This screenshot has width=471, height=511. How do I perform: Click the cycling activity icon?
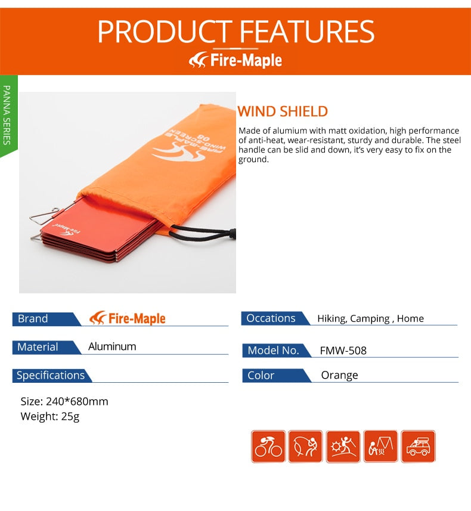click(268, 447)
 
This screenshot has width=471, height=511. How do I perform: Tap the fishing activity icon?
click(305, 447)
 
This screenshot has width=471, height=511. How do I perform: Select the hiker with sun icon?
click(343, 447)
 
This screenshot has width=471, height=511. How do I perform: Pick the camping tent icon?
click(380, 447)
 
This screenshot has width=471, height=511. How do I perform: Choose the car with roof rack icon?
click(418, 447)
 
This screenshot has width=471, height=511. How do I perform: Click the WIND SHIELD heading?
click(283, 112)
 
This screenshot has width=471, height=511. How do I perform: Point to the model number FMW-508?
click(343, 351)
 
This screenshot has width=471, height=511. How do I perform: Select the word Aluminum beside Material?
click(112, 346)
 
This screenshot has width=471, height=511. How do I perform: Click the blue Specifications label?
click(51, 375)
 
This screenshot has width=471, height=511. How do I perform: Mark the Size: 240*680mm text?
click(64, 401)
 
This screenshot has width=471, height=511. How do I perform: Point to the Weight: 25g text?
click(50, 416)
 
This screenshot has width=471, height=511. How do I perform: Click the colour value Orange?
click(339, 375)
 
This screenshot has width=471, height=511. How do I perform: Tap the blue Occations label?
click(271, 318)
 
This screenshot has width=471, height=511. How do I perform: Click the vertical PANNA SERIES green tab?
click(7, 114)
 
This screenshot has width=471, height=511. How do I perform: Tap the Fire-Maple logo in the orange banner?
click(235, 60)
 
